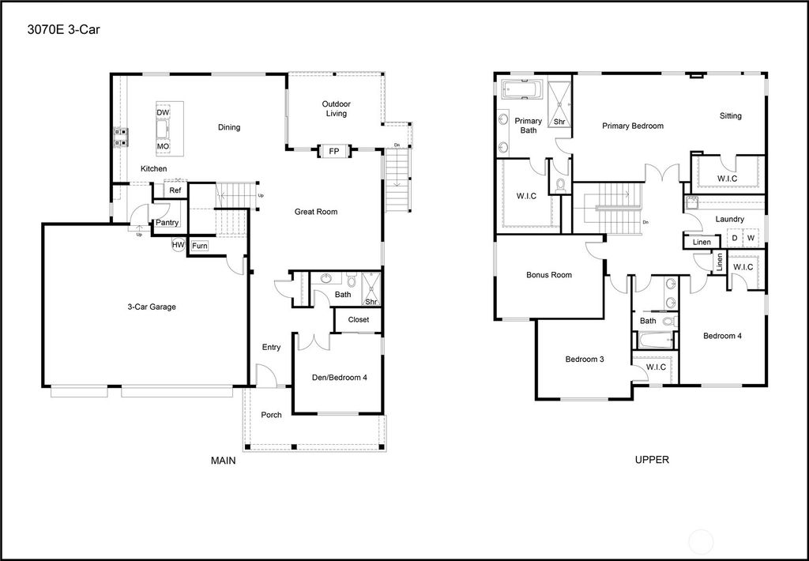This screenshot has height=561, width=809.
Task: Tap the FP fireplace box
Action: (333, 150)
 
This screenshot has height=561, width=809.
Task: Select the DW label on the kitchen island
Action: (163, 113)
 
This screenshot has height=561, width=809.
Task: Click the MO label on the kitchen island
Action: (163, 147)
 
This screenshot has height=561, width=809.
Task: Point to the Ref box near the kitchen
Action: (175, 190)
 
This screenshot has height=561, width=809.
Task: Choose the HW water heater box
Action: (179, 246)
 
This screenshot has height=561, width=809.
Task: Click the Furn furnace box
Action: (199, 246)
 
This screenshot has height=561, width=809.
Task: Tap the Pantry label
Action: (167, 223)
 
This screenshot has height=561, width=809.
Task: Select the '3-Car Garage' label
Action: (152, 307)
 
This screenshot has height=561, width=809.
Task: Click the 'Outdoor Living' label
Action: (337, 109)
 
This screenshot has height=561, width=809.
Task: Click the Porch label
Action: (271, 415)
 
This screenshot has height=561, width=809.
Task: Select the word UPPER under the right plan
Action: (652, 460)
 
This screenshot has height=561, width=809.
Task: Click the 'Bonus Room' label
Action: (548, 275)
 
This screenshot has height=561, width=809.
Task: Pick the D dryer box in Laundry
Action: (734, 238)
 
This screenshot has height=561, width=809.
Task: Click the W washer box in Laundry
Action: (751, 238)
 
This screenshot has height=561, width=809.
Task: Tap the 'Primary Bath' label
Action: (528, 126)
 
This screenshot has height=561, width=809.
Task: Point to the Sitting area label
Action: (730, 116)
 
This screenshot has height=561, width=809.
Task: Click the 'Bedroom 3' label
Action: (585, 360)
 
